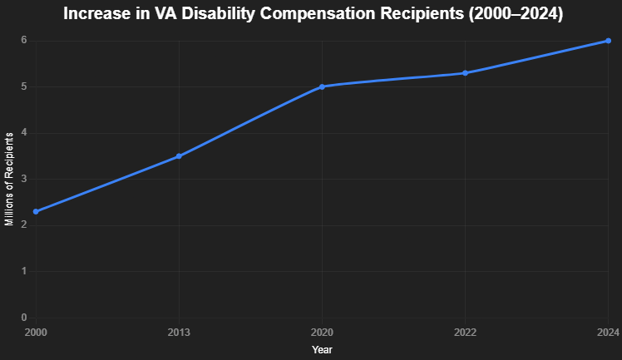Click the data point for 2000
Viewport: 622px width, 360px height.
[x=36, y=212]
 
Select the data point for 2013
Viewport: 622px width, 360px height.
[x=179, y=156]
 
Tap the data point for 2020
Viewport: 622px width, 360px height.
[x=322, y=86]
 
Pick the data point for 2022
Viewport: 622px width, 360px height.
[x=465, y=73]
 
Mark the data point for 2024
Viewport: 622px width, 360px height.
[x=608, y=41]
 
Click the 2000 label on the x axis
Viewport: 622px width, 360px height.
[x=36, y=333]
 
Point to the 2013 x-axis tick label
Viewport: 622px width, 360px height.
[x=179, y=333]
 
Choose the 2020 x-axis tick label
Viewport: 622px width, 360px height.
[x=322, y=333]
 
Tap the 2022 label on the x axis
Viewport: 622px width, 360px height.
[x=465, y=333]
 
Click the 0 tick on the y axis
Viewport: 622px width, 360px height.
[x=24, y=318]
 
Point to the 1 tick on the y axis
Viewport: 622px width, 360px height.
[x=24, y=271]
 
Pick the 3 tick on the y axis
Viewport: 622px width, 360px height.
[x=24, y=179]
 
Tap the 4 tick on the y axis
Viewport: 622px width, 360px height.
[x=24, y=133]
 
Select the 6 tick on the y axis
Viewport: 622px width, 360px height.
[x=24, y=41]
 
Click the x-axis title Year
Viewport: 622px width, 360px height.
[x=322, y=350]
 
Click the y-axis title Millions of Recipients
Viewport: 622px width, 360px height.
[x=9, y=179]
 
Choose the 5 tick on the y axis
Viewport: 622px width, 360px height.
[x=24, y=86]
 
